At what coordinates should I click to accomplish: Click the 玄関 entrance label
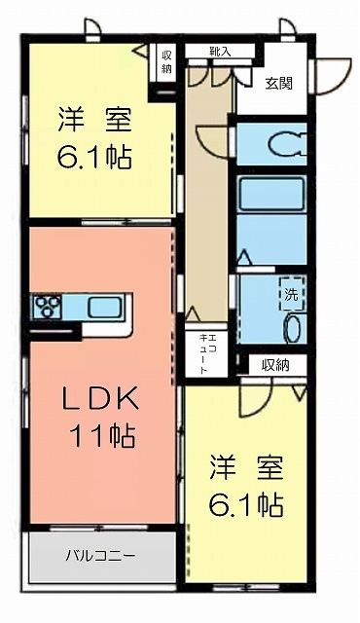tap(279, 85)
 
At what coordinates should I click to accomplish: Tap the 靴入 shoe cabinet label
tap(220, 51)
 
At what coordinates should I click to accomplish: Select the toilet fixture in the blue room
tap(287, 143)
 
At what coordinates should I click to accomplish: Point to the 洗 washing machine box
tap(292, 294)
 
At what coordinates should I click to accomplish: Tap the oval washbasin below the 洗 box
tap(294, 328)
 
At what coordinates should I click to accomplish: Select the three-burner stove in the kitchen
tap(48, 307)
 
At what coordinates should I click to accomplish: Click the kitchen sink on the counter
tap(104, 308)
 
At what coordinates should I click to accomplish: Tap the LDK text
tap(101, 399)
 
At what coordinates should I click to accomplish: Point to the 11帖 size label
tap(103, 436)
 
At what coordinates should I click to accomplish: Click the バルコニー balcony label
tap(100, 555)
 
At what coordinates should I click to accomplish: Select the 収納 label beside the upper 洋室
tap(166, 61)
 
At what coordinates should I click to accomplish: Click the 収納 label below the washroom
tap(275, 365)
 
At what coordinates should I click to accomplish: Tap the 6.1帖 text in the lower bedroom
tap(246, 504)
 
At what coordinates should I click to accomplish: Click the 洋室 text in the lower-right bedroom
tap(246, 468)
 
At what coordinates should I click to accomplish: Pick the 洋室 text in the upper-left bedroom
tap(94, 120)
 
